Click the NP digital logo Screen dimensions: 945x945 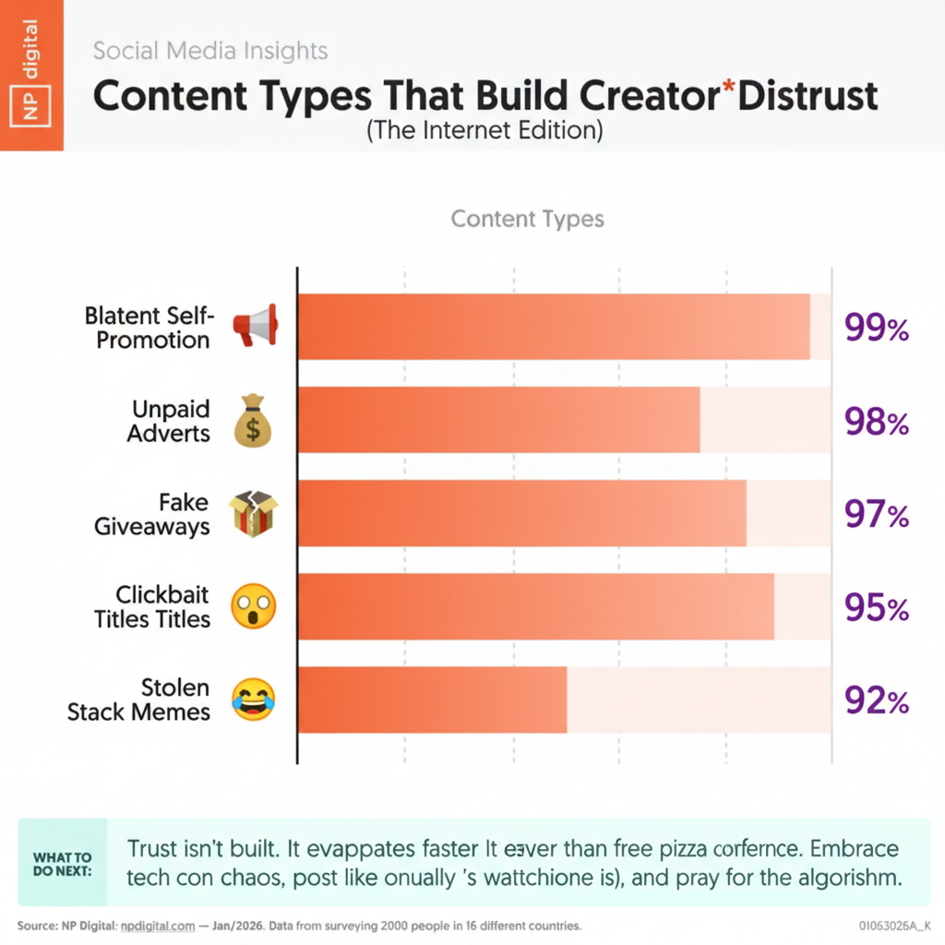click(30, 74)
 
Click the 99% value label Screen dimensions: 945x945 click(877, 329)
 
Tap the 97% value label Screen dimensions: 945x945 click(877, 514)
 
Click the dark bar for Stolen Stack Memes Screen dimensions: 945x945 click(432, 700)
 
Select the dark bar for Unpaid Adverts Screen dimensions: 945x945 click(498, 421)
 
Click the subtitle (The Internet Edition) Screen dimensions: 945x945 click(484, 131)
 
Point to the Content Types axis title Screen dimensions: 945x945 click(527, 219)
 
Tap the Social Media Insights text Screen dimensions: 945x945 click(210, 50)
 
